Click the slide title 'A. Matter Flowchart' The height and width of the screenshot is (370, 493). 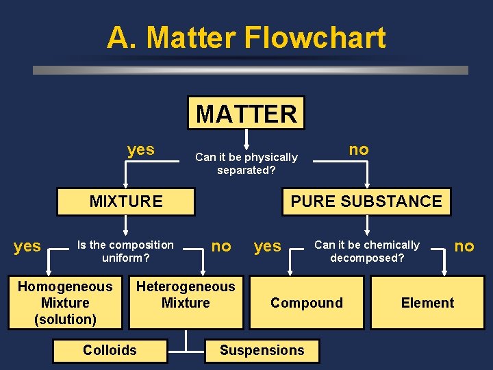(x=246, y=38)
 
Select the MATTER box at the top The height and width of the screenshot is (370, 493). (x=246, y=113)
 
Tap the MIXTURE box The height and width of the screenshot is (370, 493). (x=126, y=201)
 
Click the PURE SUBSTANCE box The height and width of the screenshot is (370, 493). (x=366, y=201)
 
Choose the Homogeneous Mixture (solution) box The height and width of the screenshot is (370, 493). (x=65, y=303)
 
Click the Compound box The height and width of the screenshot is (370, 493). (x=307, y=303)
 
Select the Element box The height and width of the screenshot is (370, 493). (x=427, y=303)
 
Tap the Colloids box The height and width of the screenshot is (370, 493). (x=110, y=350)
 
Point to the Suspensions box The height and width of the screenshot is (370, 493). (x=262, y=350)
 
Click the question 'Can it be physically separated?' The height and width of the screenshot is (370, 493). (x=246, y=164)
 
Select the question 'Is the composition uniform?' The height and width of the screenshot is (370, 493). (x=125, y=251)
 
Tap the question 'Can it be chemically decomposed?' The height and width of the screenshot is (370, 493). (x=367, y=251)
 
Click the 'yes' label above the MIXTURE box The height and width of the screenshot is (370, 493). (x=141, y=149)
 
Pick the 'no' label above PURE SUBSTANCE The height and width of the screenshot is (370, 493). (x=359, y=149)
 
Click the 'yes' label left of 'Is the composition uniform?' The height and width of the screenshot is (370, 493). (x=27, y=247)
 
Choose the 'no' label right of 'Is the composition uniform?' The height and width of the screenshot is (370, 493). (x=221, y=246)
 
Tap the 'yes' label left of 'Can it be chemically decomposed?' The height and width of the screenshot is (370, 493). (x=268, y=247)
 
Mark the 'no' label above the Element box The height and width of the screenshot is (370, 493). (x=464, y=246)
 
